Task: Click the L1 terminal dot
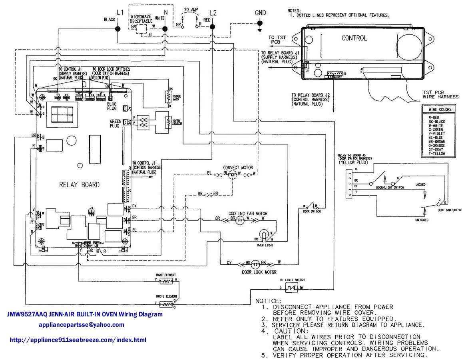click(118, 29)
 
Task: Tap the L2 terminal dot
click(212, 27)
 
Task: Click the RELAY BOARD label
click(79, 185)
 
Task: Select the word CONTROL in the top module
click(354, 38)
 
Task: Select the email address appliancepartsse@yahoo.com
click(82, 325)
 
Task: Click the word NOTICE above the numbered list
click(268, 300)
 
